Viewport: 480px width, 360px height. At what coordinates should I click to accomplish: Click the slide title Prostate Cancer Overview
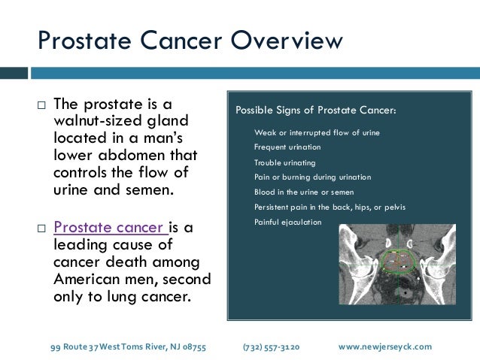coord(190,39)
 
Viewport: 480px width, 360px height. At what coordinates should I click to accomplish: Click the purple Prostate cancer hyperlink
coord(110,227)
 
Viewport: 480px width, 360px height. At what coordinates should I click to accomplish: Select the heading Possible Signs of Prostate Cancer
coord(315,110)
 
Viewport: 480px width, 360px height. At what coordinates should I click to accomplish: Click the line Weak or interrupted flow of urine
coord(317,132)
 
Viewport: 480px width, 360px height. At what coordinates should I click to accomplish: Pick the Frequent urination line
coord(287,147)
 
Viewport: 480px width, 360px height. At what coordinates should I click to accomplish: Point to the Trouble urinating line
coord(284,162)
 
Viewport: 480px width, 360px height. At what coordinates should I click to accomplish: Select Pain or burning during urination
coord(312,177)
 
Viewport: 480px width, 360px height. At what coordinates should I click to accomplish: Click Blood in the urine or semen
coord(302,192)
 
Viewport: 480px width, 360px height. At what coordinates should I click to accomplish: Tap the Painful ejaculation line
coord(287,222)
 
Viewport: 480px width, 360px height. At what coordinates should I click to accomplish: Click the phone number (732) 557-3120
coord(271,346)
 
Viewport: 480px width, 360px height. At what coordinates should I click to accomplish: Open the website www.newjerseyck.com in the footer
coord(385,346)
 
